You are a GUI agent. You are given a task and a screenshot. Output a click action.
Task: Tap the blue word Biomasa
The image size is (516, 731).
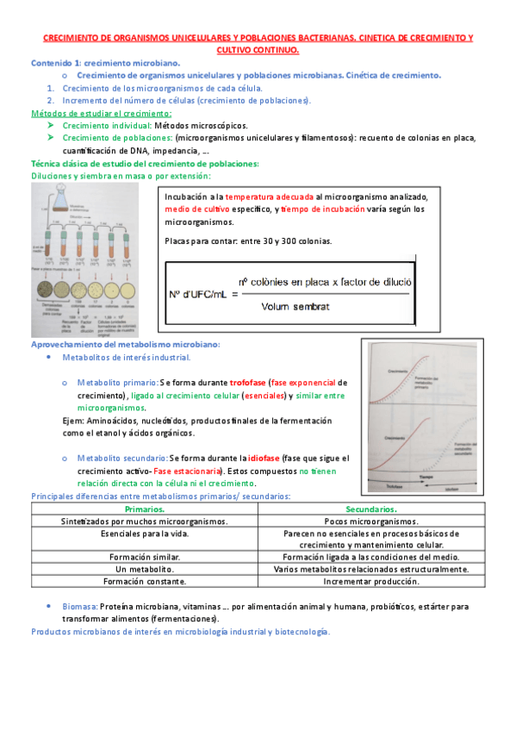click(81, 607)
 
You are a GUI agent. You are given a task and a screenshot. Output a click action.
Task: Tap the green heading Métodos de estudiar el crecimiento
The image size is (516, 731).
click(101, 113)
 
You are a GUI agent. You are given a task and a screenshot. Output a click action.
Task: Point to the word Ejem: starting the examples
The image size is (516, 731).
click(76, 420)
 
